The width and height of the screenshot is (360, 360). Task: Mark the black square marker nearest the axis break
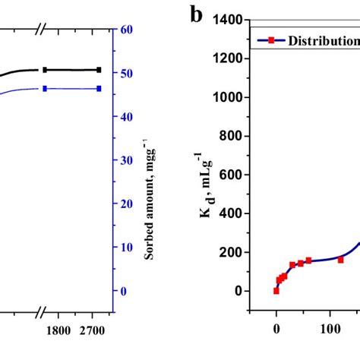45,70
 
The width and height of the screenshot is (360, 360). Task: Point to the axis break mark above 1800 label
42,311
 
